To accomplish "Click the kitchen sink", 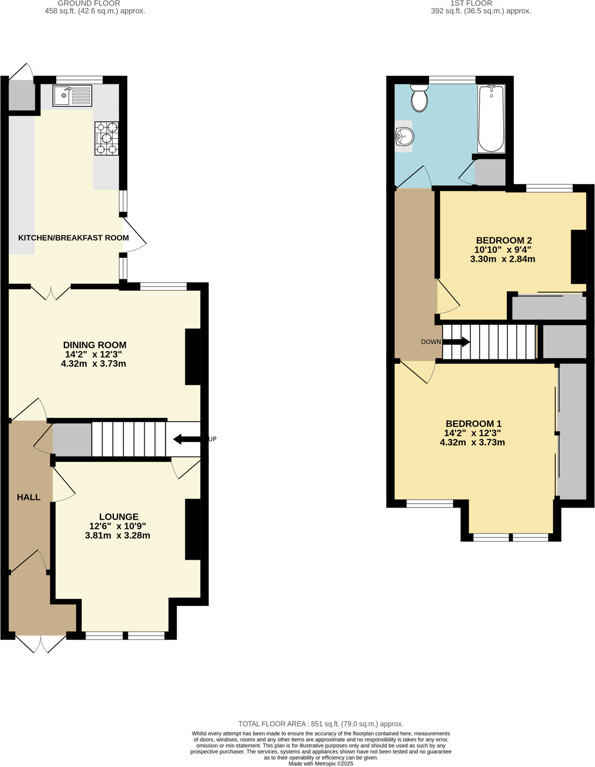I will pyautogui.click(x=72, y=96).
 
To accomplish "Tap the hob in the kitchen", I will pyautogui.click(x=106, y=139).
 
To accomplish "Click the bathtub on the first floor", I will pyautogui.click(x=491, y=119).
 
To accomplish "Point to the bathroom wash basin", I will pyautogui.click(x=404, y=136).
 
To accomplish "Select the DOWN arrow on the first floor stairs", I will pyautogui.click(x=456, y=342).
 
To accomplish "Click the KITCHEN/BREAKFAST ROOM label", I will pyautogui.click(x=74, y=238).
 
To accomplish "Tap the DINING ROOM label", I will pyautogui.click(x=95, y=345).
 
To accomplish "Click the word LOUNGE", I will pyautogui.click(x=119, y=517).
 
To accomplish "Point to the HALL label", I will pyautogui.click(x=28, y=497).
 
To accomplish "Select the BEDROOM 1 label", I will pyautogui.click(x=473, y=424).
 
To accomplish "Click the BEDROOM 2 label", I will pyautogui.click(x=504, y=241).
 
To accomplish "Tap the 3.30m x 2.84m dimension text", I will pyautogui.click(x=503, y=259).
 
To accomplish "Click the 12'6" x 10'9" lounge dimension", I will pyautogui.click(x=118, y=526).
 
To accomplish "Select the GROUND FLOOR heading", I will pyautogui.click(x=89, y=4).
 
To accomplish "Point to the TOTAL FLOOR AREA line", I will pyautogui.click(x=321, y=724).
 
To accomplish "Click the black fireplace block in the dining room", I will pyautogui.click(x=193, y=357).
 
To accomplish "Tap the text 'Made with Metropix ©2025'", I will pyautogui.click(x=321, y=763).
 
